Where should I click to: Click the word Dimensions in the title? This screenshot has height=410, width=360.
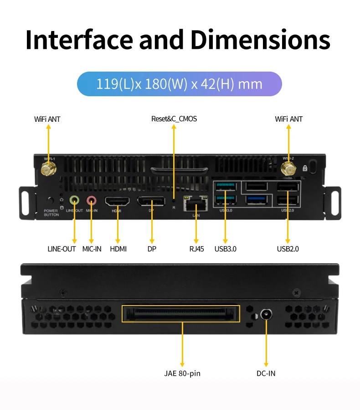pos(260,40)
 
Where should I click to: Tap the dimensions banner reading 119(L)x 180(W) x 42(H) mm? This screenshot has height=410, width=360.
pos(180,84)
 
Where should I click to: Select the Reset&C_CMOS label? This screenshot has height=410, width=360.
pos(174,119)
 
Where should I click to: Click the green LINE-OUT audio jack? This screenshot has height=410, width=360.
pos(74,200)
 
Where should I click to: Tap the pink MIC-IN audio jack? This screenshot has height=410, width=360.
pos(92,200)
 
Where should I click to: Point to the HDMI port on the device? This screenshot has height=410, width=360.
pos(118,202)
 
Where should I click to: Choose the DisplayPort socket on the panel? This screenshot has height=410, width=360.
pos(151,202)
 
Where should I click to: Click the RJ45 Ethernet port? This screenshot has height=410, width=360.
pos(195,203)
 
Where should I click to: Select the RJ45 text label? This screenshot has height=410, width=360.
pos(197,249)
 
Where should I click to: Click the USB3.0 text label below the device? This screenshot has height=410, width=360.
pos(225,249)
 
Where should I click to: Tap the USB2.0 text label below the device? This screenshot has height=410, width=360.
pos(288,249)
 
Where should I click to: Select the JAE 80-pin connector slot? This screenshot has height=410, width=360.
pos(180,314)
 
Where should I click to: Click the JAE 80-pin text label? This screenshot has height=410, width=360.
pos(182,374)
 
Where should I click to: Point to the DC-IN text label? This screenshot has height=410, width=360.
pos(266,374)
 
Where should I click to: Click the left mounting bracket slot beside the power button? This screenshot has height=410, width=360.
pos(26,201)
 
